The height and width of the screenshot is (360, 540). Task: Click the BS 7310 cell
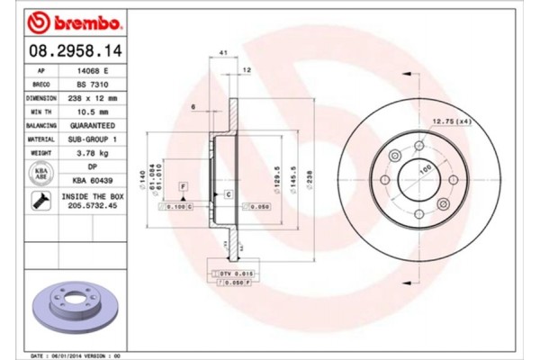pyautogui.click(x=93, y=83)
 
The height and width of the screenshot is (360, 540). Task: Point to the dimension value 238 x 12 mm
pyautogui.click(x=93, y=96)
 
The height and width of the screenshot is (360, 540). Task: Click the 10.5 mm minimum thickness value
pyautogui.click(x=93, y=111)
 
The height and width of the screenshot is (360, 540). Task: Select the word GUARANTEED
pyautogui.click(x=93, y=125)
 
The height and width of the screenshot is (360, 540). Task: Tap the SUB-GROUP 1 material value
pyautogui.click(x=93, y=139)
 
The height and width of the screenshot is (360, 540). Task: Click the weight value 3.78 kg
pyautogui.click(x=93, y=154)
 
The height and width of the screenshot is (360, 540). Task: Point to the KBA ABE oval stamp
pyautogui.click(x=41, y=174)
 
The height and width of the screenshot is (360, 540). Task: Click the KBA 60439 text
pyautogui.click(x=93, y=181)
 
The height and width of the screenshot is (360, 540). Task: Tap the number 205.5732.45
pyautogui.click(x=93, y=206)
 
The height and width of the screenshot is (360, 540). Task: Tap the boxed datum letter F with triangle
pyautogui.click(x=183, y=187)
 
